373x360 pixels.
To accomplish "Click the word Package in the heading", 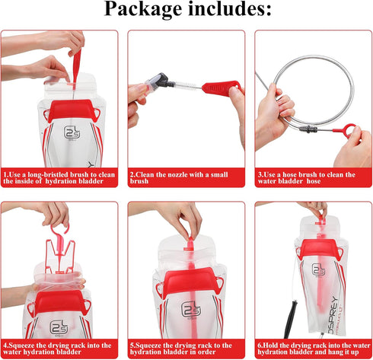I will pos(145,11).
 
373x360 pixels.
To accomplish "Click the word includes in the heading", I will pos(228,11).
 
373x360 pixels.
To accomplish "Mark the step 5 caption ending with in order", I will pos(186,349).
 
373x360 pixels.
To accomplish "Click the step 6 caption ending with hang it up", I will pos(313,349).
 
